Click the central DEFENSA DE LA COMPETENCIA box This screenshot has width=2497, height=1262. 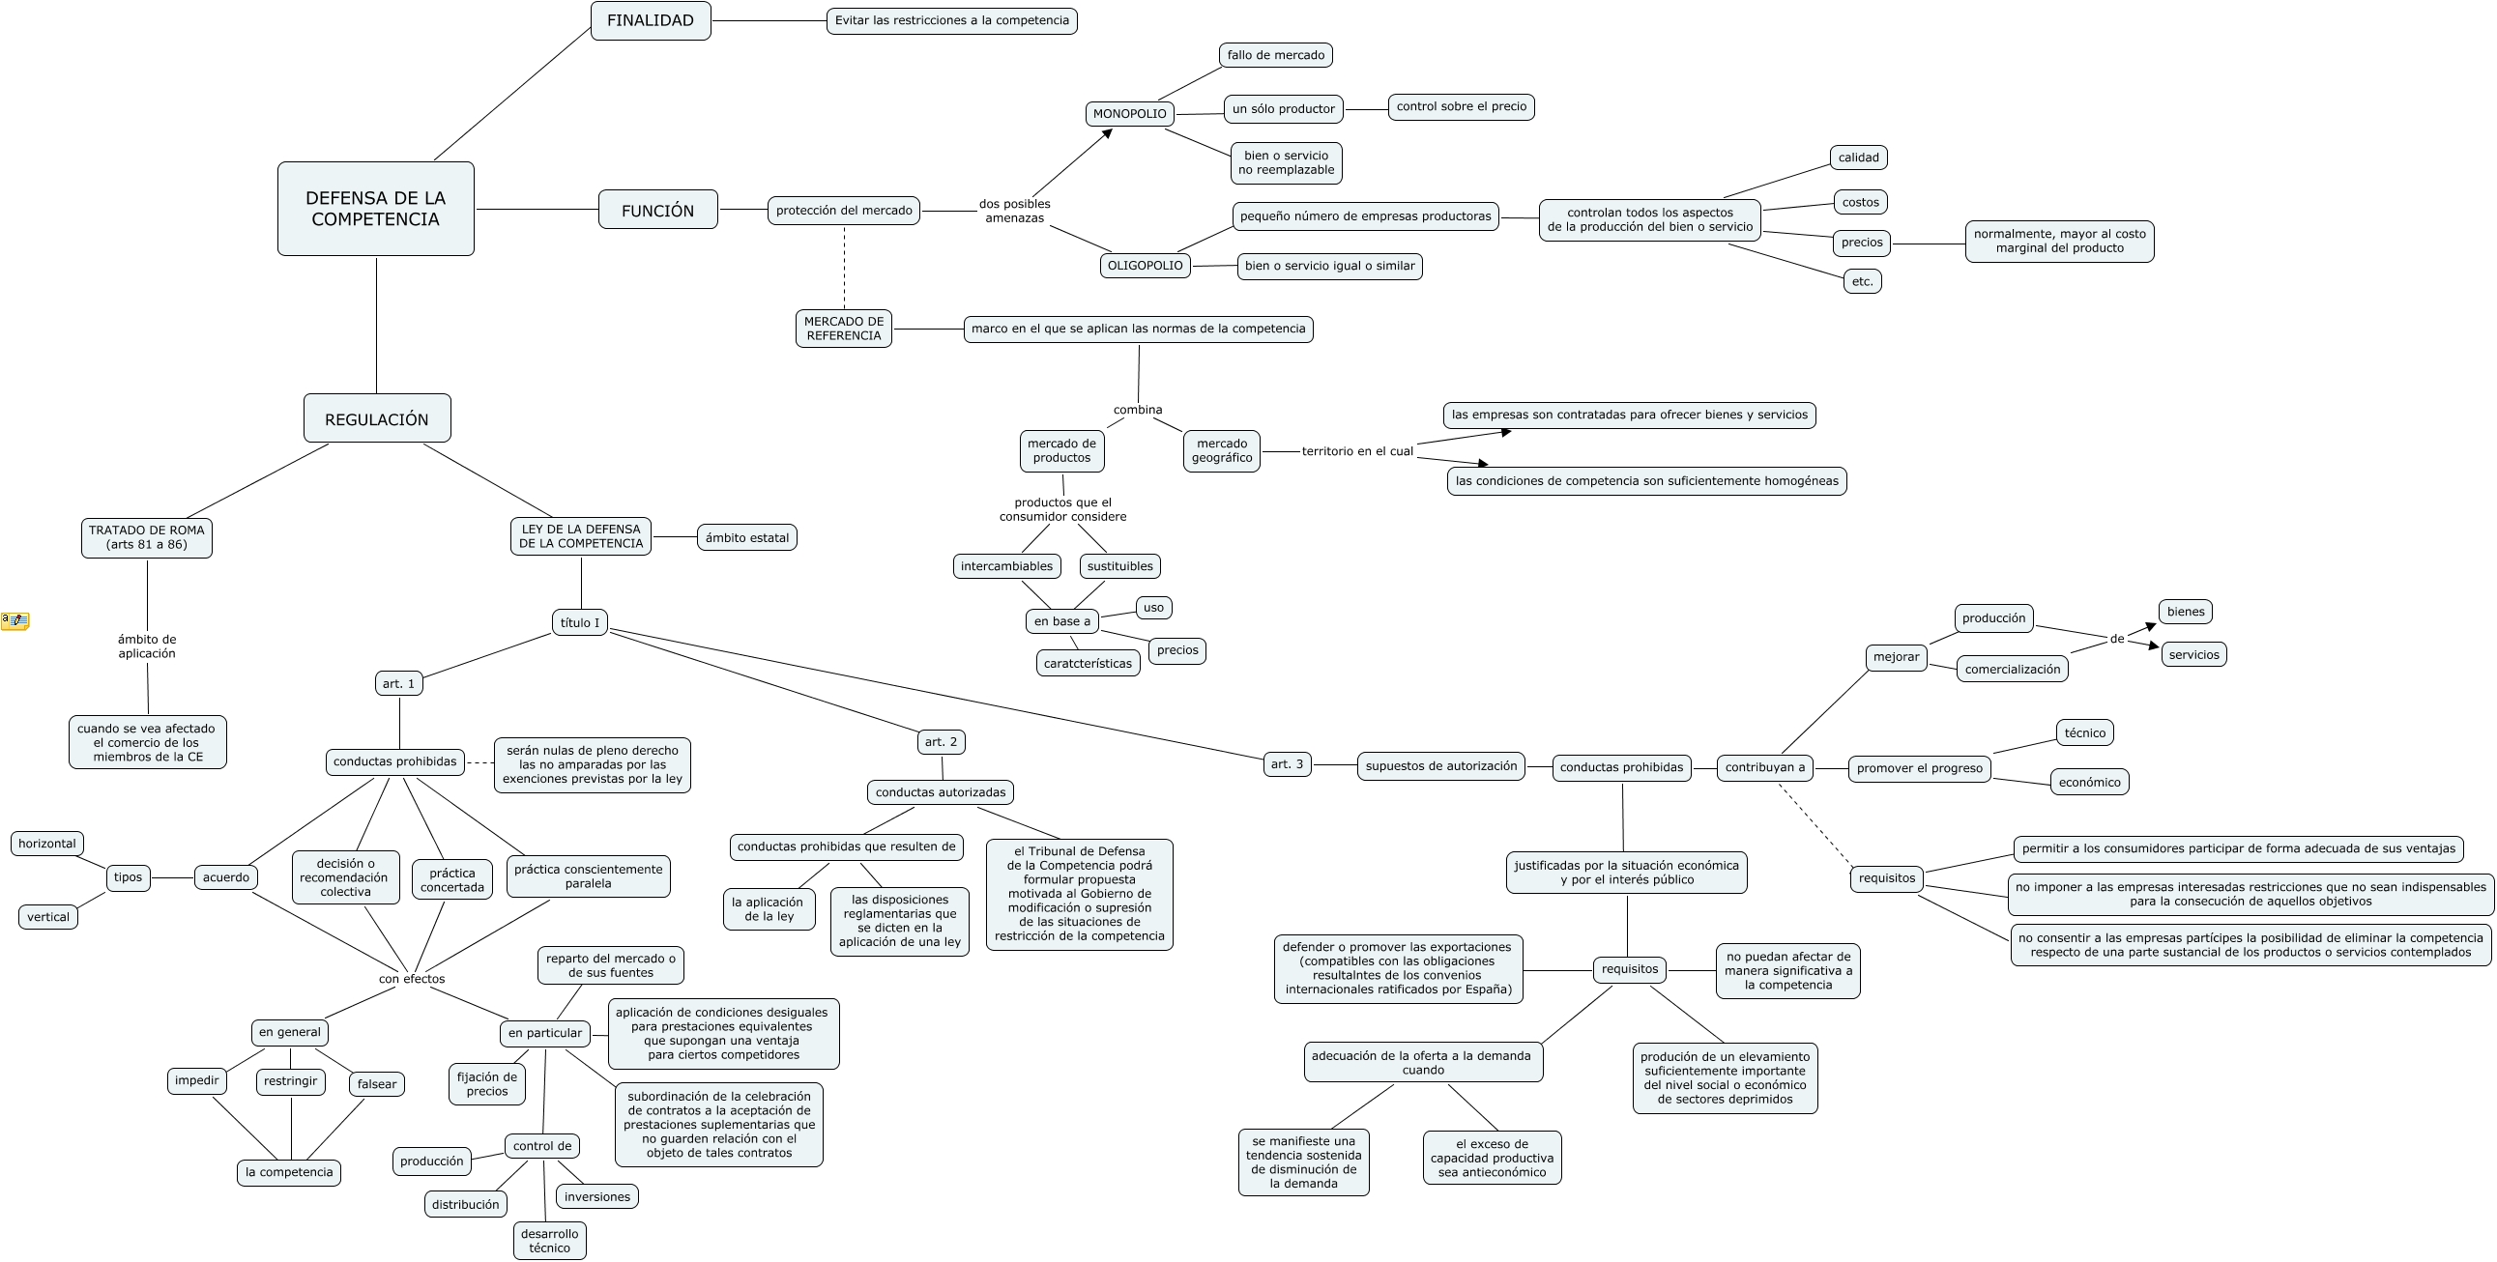[x=375, y=209]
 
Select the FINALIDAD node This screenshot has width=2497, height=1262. [x=651, y=20]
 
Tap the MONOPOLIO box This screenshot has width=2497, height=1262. [x=1129, y=113]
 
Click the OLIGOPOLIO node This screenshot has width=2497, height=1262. [x=1145, y=266]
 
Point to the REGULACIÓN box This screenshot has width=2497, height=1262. [x=377, y=418]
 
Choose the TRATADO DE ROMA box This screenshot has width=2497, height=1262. [x=146, y=537]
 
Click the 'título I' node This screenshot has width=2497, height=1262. [x=580, y=622]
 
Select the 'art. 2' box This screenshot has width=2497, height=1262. [x=941, y=741]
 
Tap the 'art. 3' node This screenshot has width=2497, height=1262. [x=1287, y=763]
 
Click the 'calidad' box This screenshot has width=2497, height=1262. [x=1858, y=157]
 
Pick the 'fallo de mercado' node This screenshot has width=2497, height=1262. [x=1276, y=55]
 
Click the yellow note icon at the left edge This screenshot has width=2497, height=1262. [x=15, y=620]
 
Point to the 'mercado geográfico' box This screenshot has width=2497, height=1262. [x=1221, y=450]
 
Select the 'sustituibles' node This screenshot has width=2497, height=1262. [x=1119, y=566]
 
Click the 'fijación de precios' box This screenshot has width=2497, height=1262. [x=486, y=1083]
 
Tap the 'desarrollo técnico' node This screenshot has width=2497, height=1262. [x=550, y=1241]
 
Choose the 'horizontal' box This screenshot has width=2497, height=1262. [x=46, y=844]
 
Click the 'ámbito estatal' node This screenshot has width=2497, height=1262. [x=746, y=537]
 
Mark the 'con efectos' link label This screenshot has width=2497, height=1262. [x=412, y=979]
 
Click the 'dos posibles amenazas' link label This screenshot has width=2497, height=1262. [x=1014, y=211]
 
